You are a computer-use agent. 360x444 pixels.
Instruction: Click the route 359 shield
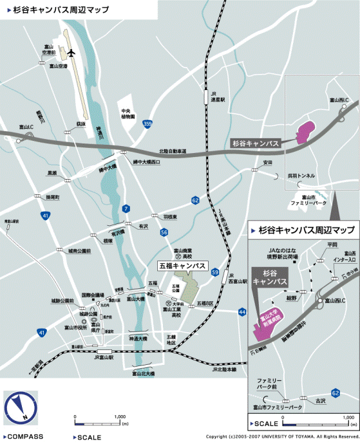147,123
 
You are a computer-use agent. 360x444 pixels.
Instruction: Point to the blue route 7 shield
127,208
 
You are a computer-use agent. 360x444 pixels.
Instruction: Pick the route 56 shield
164,232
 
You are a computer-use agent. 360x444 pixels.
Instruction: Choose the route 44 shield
242,311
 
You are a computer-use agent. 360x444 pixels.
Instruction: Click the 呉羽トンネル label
301,175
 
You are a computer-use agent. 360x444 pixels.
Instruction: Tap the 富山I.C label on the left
26,127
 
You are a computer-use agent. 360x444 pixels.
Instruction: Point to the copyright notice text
279,436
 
